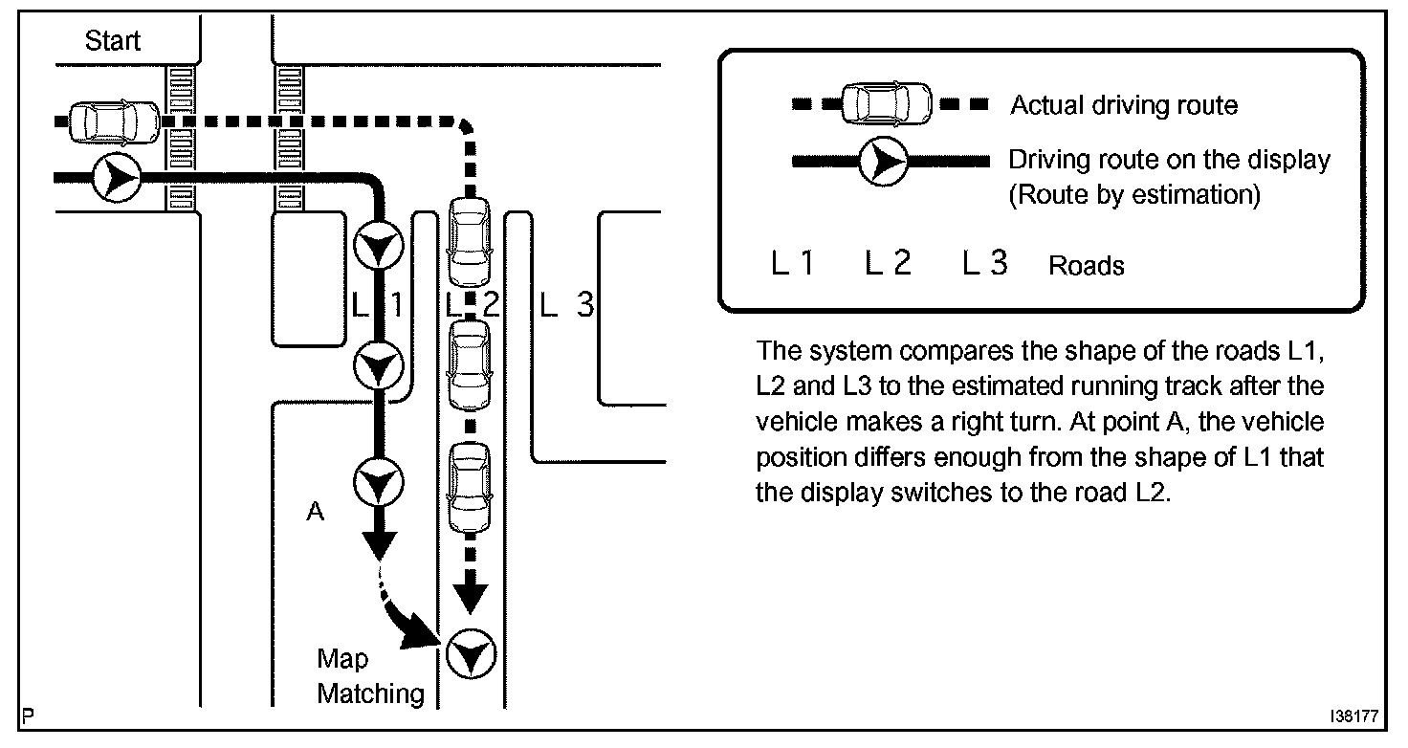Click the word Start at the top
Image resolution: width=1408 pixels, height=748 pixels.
click(113, 41)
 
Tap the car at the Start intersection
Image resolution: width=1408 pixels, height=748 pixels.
click(115, 122)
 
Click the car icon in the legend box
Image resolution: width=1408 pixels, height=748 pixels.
click(887, 103)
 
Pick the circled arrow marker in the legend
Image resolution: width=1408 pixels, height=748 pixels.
click(883, 162)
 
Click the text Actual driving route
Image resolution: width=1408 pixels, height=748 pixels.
click(1124, 105)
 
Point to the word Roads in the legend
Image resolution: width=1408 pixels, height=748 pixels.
click(1087, 265)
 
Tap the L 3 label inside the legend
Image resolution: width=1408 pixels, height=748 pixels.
click(985, 263)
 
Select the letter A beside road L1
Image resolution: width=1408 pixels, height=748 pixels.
click(316, 512)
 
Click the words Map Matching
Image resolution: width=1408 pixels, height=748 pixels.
click(370, 676)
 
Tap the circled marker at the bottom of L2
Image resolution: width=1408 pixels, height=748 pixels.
click(471, 653)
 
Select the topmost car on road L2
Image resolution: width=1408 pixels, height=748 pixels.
click(469, 242)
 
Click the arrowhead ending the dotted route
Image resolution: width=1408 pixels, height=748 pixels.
click(471, 599)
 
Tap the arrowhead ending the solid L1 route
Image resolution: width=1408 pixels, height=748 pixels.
click(379, 545)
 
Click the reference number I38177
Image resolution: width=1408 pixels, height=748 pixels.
click(1353, 715)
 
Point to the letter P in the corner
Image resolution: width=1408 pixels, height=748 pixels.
click(28, 715)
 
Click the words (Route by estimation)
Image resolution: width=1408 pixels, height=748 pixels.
click(1134, 195)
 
